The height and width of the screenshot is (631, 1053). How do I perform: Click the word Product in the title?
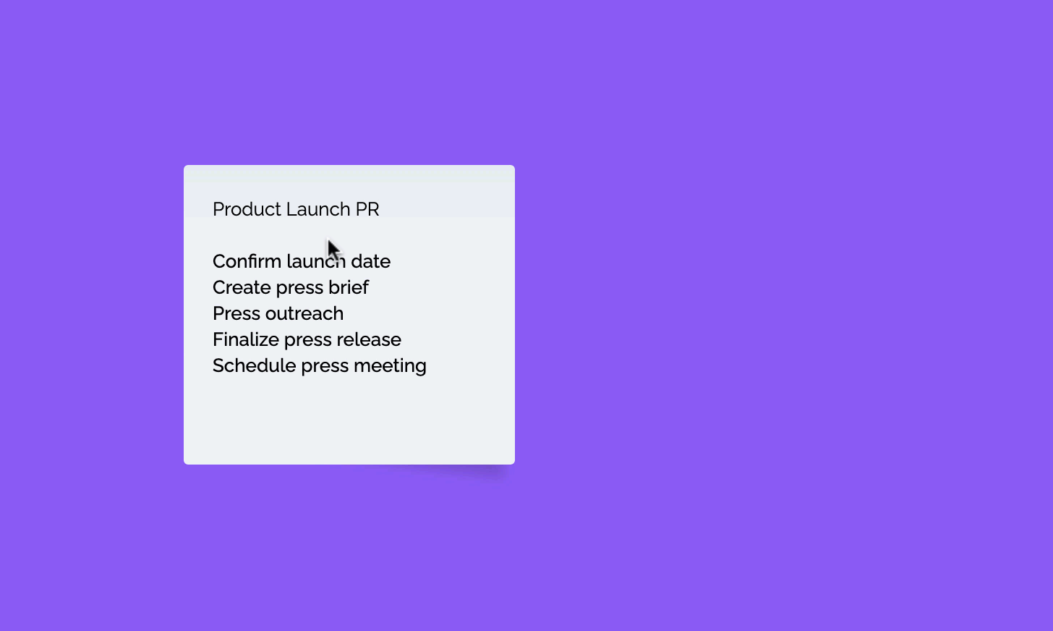(x=247, y=209)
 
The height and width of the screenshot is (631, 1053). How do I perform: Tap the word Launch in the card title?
(x=318, y=209)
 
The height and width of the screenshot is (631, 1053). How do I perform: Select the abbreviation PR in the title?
(x=367, y=209)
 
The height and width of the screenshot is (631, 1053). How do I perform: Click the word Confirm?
(x=247, y=261)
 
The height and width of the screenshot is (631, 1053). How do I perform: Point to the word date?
(x=371, y=261)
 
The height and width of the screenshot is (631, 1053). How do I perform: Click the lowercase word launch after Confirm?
(x=316, y=261)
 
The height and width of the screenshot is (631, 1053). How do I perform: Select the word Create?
(x=242, y=288)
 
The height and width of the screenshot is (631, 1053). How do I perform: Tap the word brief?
(x=349, y=288)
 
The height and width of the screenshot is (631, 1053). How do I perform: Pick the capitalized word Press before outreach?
(x=236, y=313)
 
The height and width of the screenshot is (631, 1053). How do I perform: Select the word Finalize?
(x=246, y=340)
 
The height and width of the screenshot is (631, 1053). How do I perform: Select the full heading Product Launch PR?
(x=297, y=209)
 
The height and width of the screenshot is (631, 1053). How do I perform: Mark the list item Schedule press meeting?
(x=320, y=367)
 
